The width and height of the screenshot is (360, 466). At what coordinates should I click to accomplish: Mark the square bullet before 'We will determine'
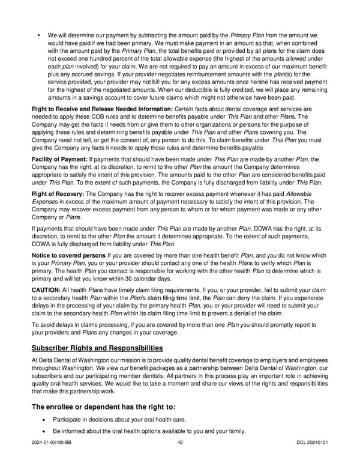(38, 35)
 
